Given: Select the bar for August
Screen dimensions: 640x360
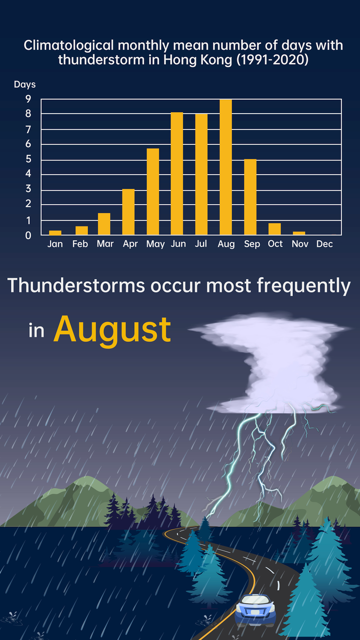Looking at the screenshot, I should click(x=226, y=167).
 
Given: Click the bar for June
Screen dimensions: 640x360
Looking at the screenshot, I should click(x=177, y=174).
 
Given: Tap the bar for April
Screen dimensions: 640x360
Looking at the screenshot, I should click(x=128, y=212).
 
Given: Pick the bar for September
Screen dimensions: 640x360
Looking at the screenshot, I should click(x=250, y=197).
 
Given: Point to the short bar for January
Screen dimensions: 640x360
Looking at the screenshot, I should click(x=55, y=233).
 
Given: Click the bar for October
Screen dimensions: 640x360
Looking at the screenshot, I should click(x=275, y=229).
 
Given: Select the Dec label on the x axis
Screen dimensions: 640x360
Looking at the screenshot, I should click(x=325, y=244).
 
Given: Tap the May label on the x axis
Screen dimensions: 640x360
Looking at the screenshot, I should click(x=155, y=244).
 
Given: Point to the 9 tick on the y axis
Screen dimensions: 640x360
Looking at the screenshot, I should click(x=28, y=99).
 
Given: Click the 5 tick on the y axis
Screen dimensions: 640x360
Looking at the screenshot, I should click(x=28, y=159).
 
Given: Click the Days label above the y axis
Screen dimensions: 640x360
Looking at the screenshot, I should click(x=24, y=84).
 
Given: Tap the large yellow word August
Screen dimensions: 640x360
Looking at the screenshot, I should click(x=112, y=330).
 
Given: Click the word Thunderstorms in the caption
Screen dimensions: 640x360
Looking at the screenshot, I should click(x=76, y=286).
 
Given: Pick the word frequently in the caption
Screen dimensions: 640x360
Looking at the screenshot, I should click(x=303, y=286).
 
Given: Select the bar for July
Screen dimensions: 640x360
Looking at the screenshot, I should click(x=201, y=175).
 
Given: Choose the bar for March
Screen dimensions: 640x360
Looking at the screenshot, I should click(x=104, y=224).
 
